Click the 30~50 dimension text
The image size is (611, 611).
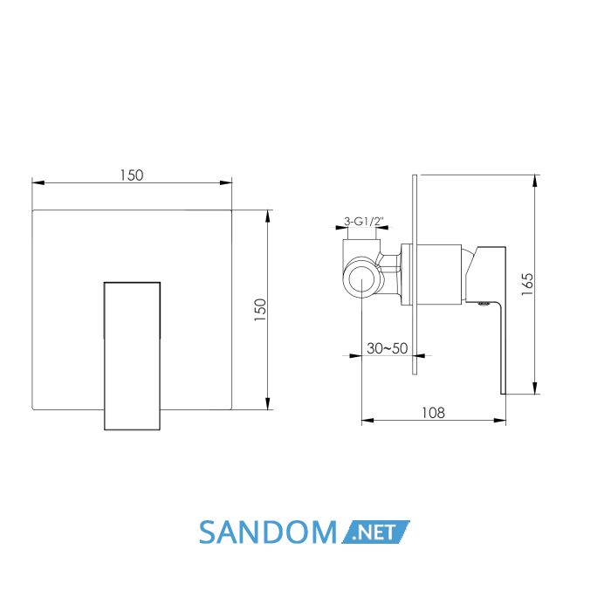(x=387, y=348)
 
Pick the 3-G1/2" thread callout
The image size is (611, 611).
(x=364, y=222)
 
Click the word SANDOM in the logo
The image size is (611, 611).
(x=267, y=532)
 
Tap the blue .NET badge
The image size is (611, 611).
(x=375, y=532)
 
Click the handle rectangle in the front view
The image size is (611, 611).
(x=132, y=356)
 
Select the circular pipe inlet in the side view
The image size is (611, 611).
(x=361, y=278)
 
